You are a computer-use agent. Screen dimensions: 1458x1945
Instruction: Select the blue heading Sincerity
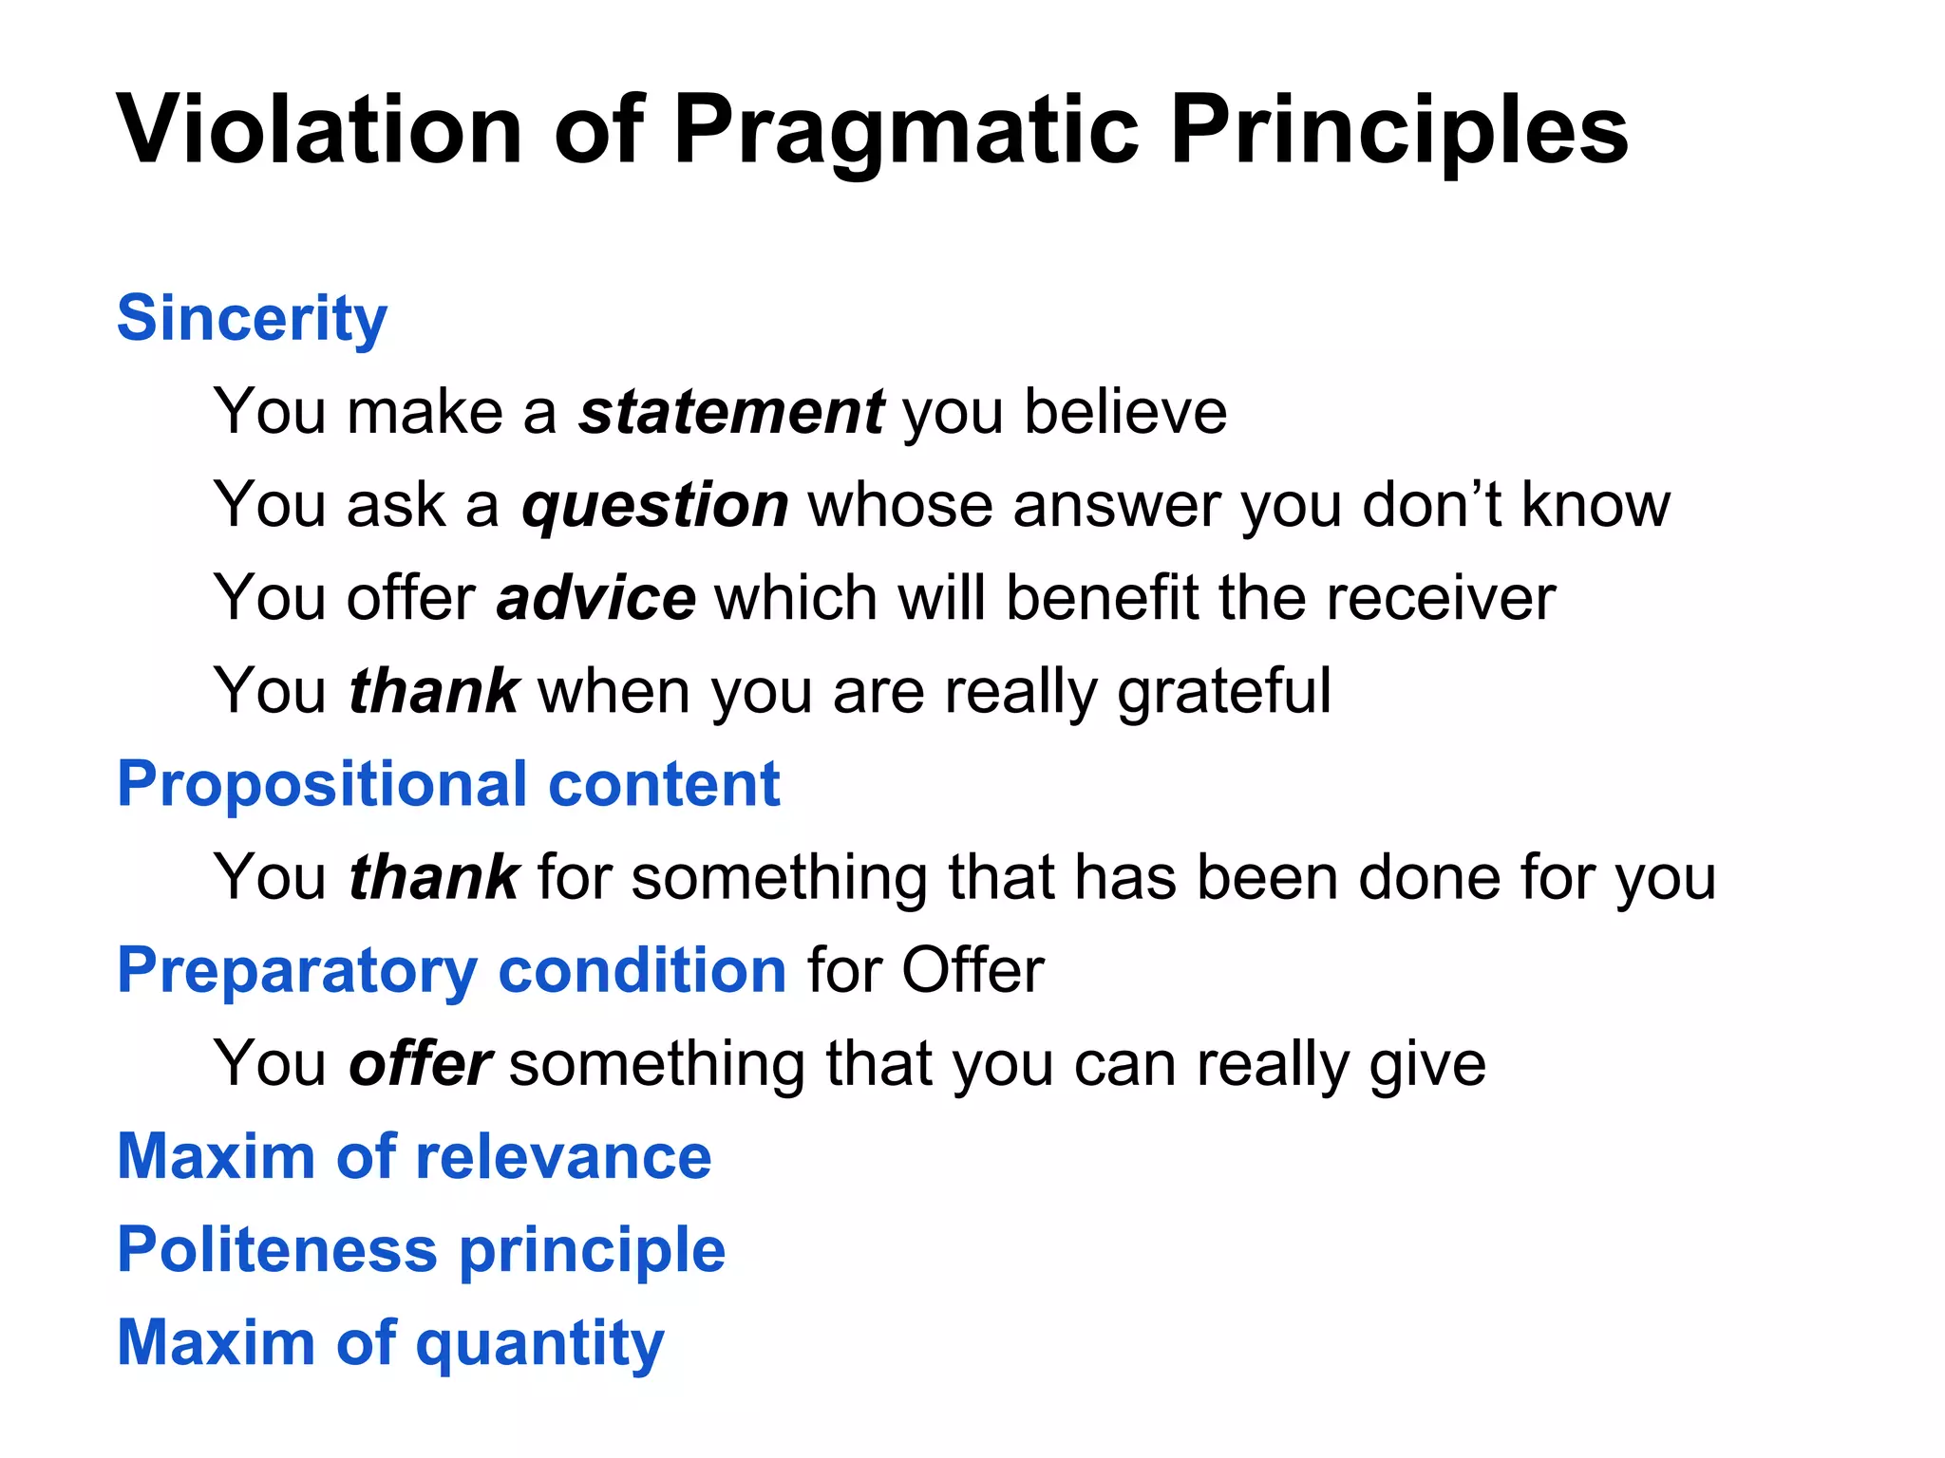pyautogui.click(x=252, y=318)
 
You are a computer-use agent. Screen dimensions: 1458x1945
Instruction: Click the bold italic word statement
pyautogui.click(x=732, y=412)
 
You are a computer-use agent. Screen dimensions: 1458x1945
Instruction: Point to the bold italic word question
pyautogui.click(x=655, y=505)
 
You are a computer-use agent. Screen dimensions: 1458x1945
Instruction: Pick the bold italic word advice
pyautogui.click(x=596, y=598)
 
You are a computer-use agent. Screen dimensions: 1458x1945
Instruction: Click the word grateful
pyautogui.click(x=1224, y=691)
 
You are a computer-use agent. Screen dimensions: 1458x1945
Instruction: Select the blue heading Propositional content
pyautogui.click(x=448, y=784)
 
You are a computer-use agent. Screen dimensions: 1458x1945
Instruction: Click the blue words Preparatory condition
pyautogui.click(x=451, y=970)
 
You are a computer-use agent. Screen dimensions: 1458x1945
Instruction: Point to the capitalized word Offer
pyautogui.click(x=972, y=970)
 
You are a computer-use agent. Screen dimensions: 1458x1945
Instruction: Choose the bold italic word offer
pyautogui.click(x=420, y=1063)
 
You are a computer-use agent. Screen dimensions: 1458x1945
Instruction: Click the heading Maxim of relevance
pyautogui.click(x=414, y=1156)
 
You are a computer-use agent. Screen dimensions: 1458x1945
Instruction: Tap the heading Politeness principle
pyautogui.click(x=421, y=1249)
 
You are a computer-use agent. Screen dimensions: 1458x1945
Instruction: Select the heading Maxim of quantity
pyautogui.click(x=390, y=1342)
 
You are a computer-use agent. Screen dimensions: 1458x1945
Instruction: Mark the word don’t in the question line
pyautogui.click(x=1431, y=505)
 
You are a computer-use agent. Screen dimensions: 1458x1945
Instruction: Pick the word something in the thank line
pyautogui.click(x=779, y=877)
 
